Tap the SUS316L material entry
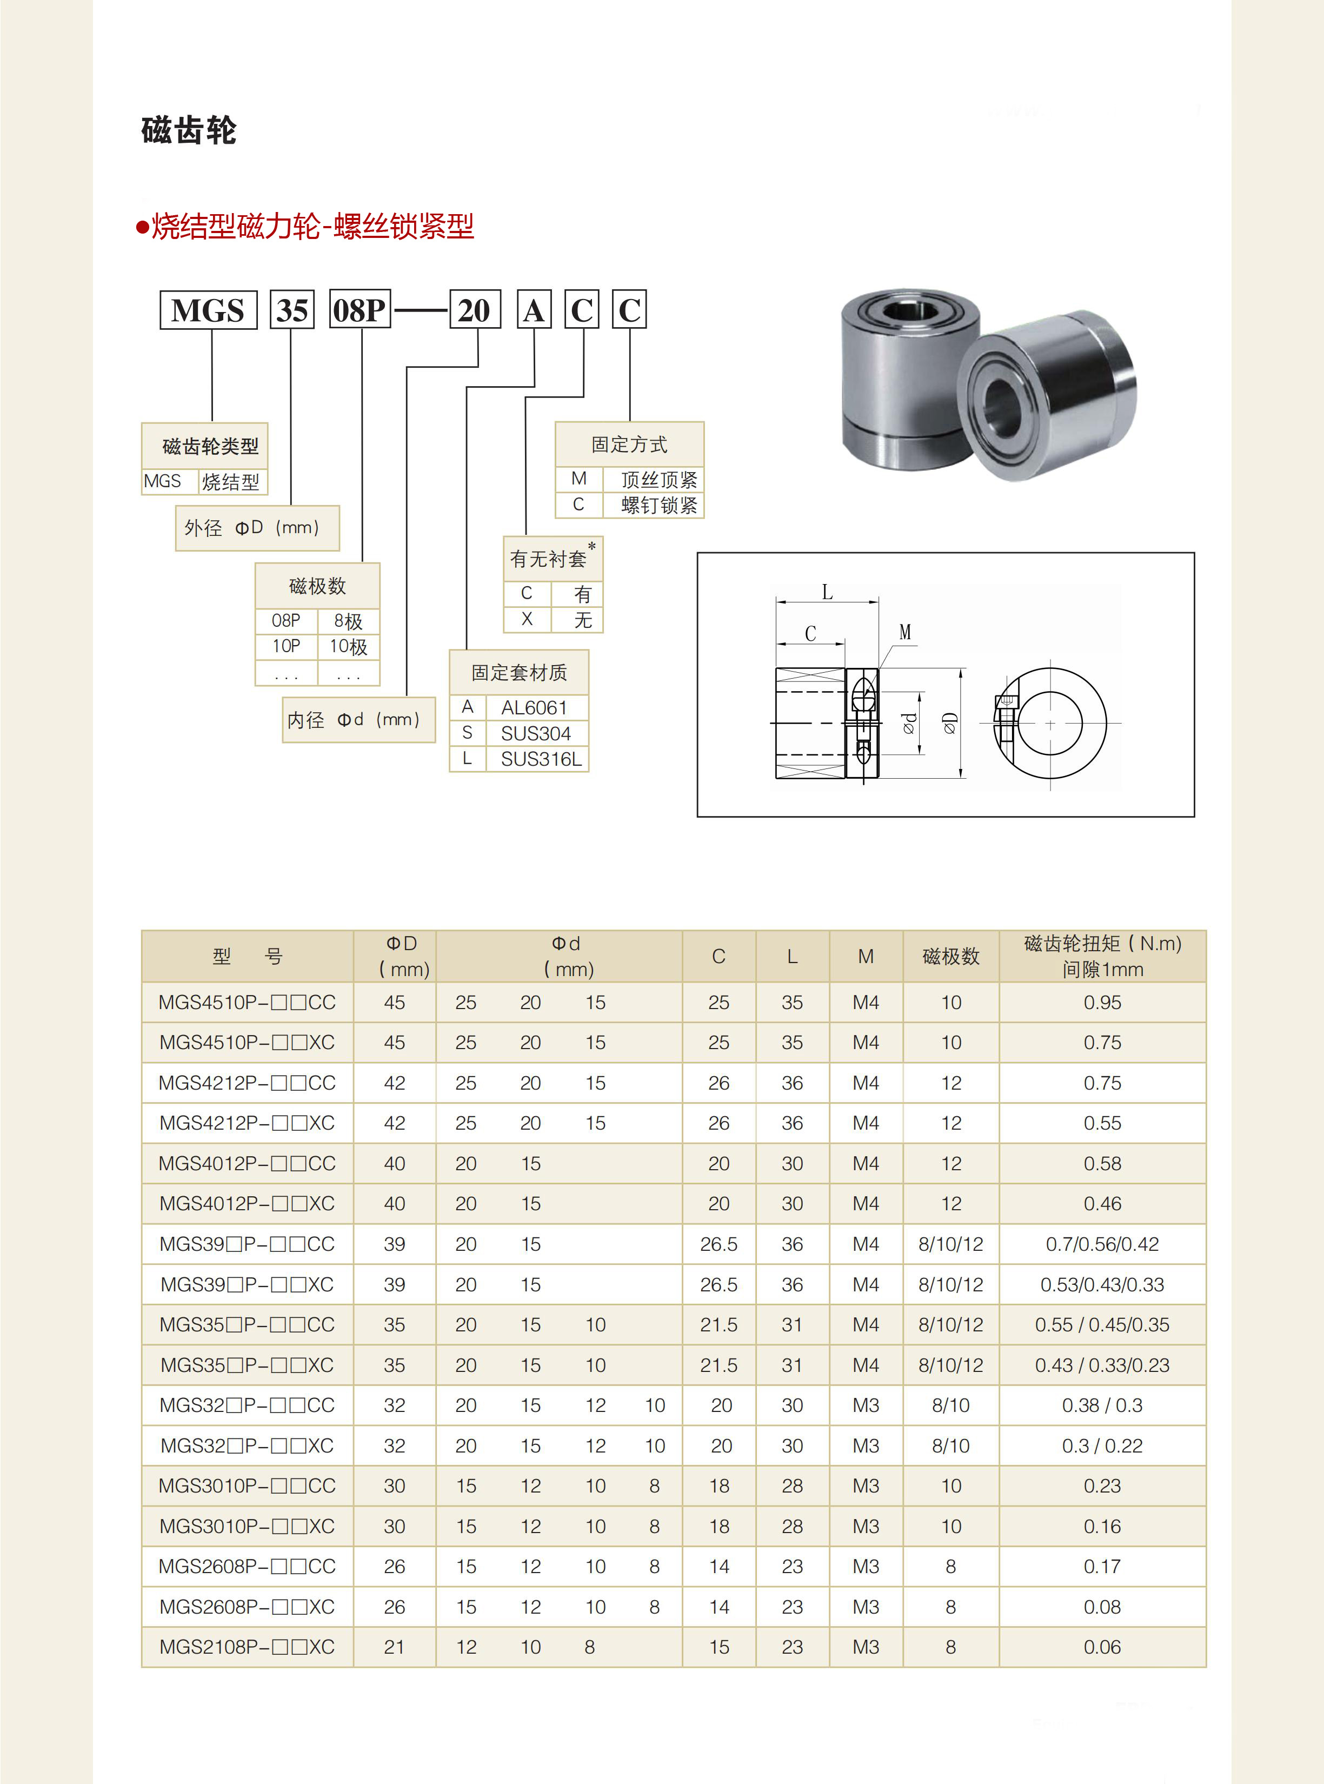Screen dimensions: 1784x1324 (541, 759)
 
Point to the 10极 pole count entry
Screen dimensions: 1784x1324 (349, 646)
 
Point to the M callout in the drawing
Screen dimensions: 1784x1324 (905, 632)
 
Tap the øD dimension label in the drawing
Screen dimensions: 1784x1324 (950, 724)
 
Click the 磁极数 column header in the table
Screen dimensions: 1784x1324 (950, 956)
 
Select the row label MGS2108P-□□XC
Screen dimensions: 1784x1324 (247, 1647)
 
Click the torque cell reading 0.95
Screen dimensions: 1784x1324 (1102, 1003)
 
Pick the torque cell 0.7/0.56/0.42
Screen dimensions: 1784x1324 (1102, 1244)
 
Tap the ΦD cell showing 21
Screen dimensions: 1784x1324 (394, 1647)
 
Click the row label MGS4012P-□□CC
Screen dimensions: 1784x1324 (247, 1164)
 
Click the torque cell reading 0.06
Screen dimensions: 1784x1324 (1102, 1647)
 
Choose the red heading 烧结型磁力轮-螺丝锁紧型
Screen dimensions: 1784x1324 (312, 227)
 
